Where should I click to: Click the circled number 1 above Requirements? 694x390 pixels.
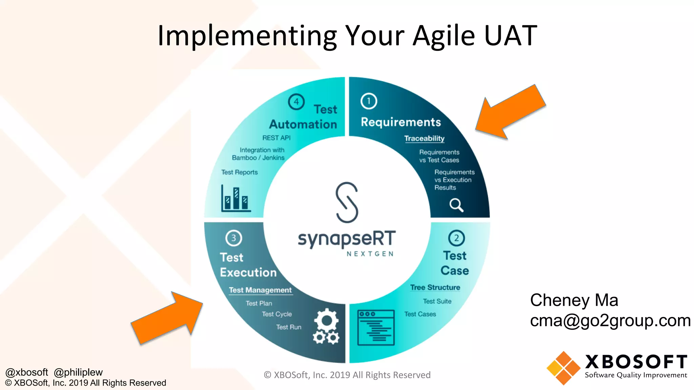(x=369, y=101)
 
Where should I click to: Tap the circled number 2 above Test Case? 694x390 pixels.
(x=456, y=238)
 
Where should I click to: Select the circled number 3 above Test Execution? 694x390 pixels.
(x=233, y=238)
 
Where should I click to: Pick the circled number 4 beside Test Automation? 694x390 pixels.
(x=296, y=102)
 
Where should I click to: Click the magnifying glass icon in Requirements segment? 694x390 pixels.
(x=456, y=205)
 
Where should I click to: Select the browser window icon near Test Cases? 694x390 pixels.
(x=376, y=327)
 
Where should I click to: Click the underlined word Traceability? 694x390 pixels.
(x=424, y=138)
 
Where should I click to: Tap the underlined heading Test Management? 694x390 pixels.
(x=260, y=290)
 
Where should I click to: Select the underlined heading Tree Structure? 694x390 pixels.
(x=435, y=287)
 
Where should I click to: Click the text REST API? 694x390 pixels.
(x=276, y=138)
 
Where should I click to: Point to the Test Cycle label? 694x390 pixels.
(x=277, y=314)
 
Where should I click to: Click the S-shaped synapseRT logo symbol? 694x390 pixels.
(x=347, y=202)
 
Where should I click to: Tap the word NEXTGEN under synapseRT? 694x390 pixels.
(x=370, y=254)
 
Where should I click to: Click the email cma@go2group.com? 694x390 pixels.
(x=610, y=320)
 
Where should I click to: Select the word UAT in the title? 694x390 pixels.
(x=510, y=36)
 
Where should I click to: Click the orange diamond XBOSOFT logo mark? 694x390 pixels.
(x=563, y=368)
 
